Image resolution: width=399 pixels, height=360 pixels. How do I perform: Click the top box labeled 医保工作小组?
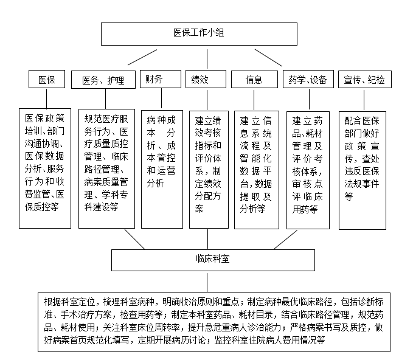(199, 34)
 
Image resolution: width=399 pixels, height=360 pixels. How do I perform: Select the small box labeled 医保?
(47, 79)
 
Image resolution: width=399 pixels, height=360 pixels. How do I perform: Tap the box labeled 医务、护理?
(103, 80)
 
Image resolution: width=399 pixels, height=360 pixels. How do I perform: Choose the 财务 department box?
(161, 79)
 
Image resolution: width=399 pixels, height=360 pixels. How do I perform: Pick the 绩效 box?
(206, 79)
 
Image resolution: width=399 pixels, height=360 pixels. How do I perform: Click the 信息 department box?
(254, 80)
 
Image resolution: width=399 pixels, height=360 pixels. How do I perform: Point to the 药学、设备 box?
(308, 79)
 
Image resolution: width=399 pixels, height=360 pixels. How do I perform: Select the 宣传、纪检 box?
(365, 80)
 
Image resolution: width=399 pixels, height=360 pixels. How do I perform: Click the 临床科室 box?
(213, 260)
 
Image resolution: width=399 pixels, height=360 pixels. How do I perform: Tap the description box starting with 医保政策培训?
(45, 168)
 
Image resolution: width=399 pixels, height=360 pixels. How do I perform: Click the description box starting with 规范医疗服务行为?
(106, 168)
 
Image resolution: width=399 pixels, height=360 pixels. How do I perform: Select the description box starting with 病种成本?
(162, 169)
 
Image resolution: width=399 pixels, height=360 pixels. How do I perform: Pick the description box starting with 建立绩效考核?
(209, 170)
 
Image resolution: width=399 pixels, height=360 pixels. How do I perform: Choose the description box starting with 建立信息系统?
(257, 170)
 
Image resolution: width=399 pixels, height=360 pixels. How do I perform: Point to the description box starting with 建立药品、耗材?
(308, 170)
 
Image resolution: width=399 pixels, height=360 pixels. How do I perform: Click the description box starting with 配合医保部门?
(363, 170)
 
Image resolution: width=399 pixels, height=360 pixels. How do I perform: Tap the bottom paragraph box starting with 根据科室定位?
(214, 322)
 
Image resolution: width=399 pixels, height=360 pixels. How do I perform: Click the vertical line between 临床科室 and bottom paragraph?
(207, 282)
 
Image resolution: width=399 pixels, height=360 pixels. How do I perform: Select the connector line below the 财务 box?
(162, 98)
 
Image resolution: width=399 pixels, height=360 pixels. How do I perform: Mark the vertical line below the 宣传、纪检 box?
(364, 100)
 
